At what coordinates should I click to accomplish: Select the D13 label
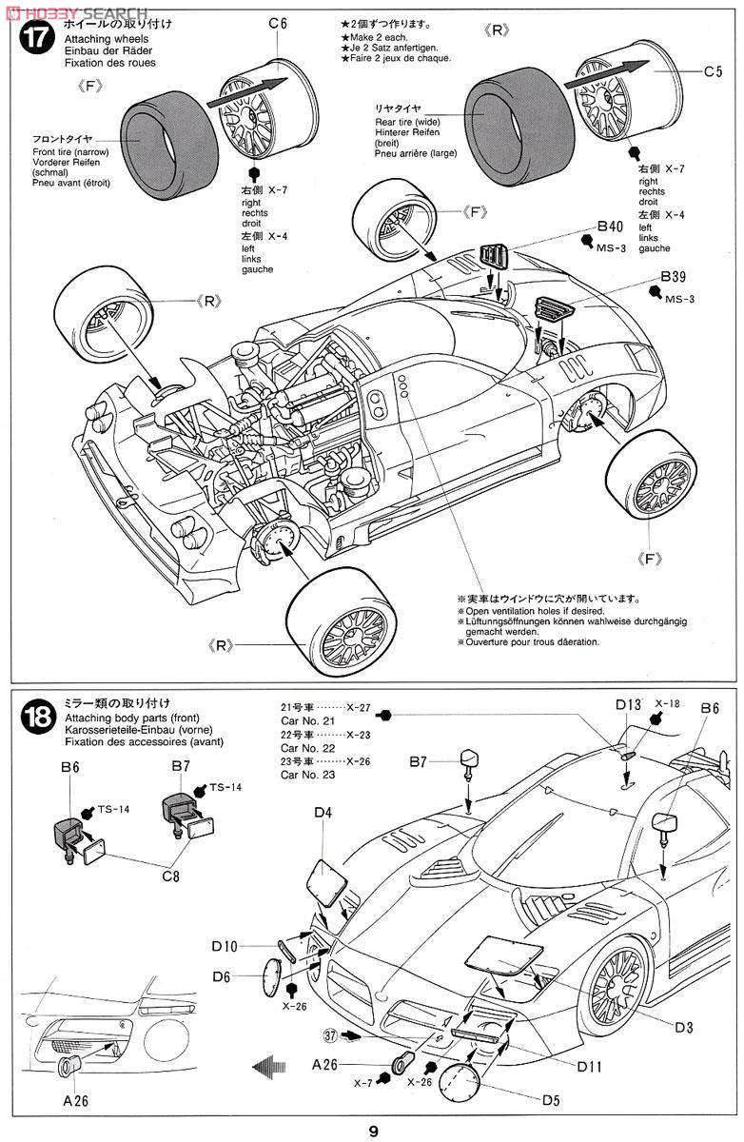coord(628,705)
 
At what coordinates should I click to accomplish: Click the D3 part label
coord(684,1027)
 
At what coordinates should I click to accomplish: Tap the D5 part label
coord(551,1101)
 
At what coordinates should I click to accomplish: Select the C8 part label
coord(169,876)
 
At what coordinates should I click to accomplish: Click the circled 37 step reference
coord(329,1035)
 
